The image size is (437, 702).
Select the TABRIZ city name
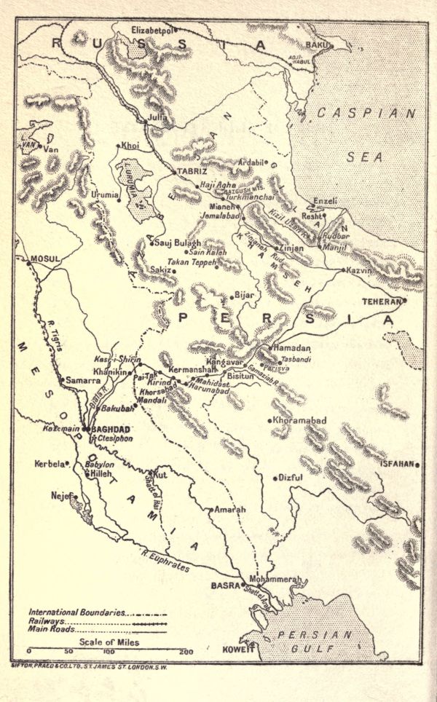tap(193, 171)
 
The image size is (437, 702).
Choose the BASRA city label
tap(225, 585)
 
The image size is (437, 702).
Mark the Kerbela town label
tap(49, 463)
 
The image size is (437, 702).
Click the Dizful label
tap(290, 478)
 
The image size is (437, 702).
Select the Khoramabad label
tap(299, 421)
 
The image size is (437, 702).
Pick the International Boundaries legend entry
tap(76, 612)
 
